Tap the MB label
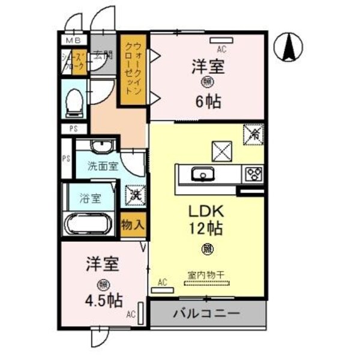coord(73,40)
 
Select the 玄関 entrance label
coord(103,57)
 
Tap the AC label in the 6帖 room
coord(221,50)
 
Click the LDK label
coord(207,212)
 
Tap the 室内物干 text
coord(206,274)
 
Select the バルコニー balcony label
coord(207,314)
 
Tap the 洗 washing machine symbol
coord(134,194)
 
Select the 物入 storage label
coord(133,225)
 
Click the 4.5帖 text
coord(103,301)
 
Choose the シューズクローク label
coord(74,61)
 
